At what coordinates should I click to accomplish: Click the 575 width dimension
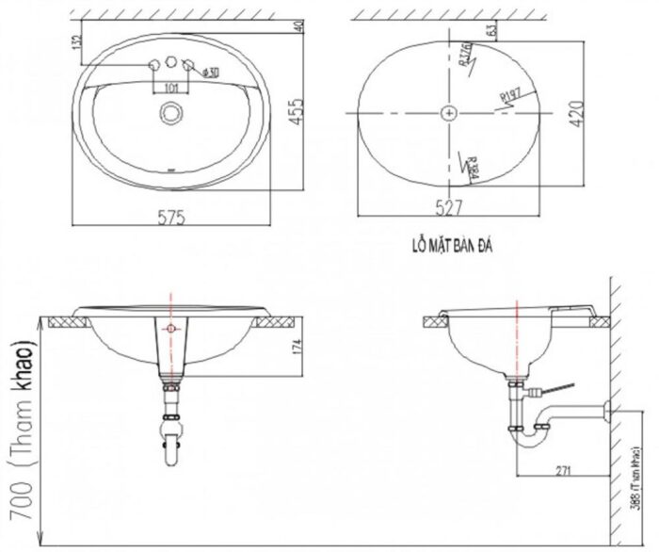click(x=170, y=217)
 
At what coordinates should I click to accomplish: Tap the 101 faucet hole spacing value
click(x=171, y=89)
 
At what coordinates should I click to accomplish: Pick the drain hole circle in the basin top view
click(x=170, y=112)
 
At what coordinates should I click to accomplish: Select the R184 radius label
click(x=472, y=166)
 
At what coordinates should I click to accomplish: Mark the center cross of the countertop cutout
click(x=451, y=112)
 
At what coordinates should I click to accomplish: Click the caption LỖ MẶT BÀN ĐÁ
click(x=452, y=247)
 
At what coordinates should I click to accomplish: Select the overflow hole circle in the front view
click(x=170, y=329)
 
